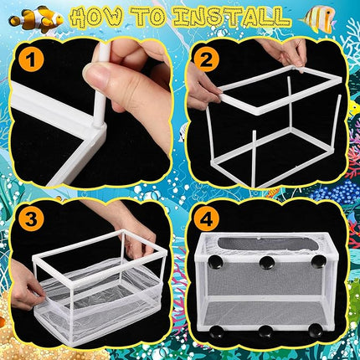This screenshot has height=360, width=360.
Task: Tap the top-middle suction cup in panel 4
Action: [x=267, y=265]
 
